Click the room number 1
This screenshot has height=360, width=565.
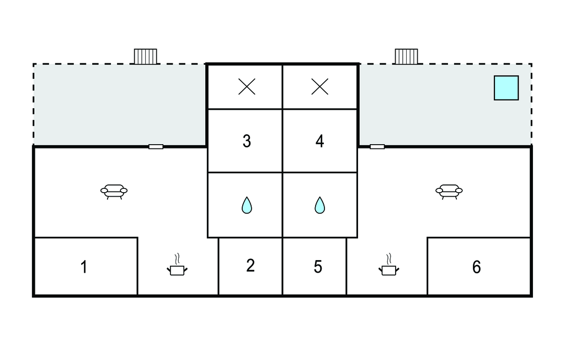(84, 267)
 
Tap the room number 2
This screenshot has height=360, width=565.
(250, 266)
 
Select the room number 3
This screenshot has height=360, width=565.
(247, 141)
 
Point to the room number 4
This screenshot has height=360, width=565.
(319, 141)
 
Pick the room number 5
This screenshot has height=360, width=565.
(318, 267)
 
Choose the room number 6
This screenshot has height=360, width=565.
(476, 267)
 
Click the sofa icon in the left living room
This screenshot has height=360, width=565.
(114, 192)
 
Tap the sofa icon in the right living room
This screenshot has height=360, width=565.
(449, 192)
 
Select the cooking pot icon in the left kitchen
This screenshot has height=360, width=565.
(177, 270)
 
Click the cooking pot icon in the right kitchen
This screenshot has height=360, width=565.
(389, 270)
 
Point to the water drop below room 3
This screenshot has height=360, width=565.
(247, 205)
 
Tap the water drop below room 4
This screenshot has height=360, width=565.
(319, 205)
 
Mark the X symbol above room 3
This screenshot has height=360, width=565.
(247, 87)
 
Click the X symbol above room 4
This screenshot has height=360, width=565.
(319, 87)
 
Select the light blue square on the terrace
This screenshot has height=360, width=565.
(507, 88)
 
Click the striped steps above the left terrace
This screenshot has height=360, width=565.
(146, 57)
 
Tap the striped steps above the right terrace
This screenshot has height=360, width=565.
(407, 57)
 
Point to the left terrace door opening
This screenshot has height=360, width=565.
(156, 146)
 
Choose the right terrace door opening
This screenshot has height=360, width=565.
(377, 146)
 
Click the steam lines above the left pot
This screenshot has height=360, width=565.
(177, 260)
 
